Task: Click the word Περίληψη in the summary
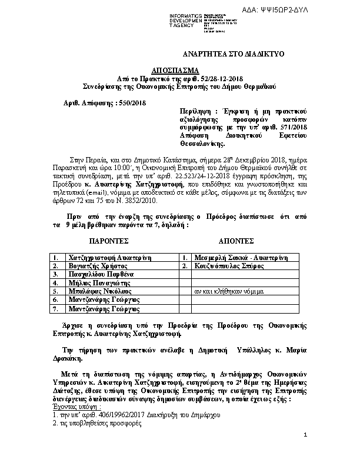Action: pyautogui.click(x=197, y=111)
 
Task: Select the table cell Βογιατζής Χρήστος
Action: pyautogui.click(x=98, y=266)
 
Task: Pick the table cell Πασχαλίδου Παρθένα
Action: pyautogui.click(x=102, y=274)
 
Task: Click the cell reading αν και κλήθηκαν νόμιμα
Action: pyautogui.click(x=227, y=291)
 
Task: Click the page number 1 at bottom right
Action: pyautogui.click(x=306, y=451)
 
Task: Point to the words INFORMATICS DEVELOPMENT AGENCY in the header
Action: pyautogui.click(x=185, y=20)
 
